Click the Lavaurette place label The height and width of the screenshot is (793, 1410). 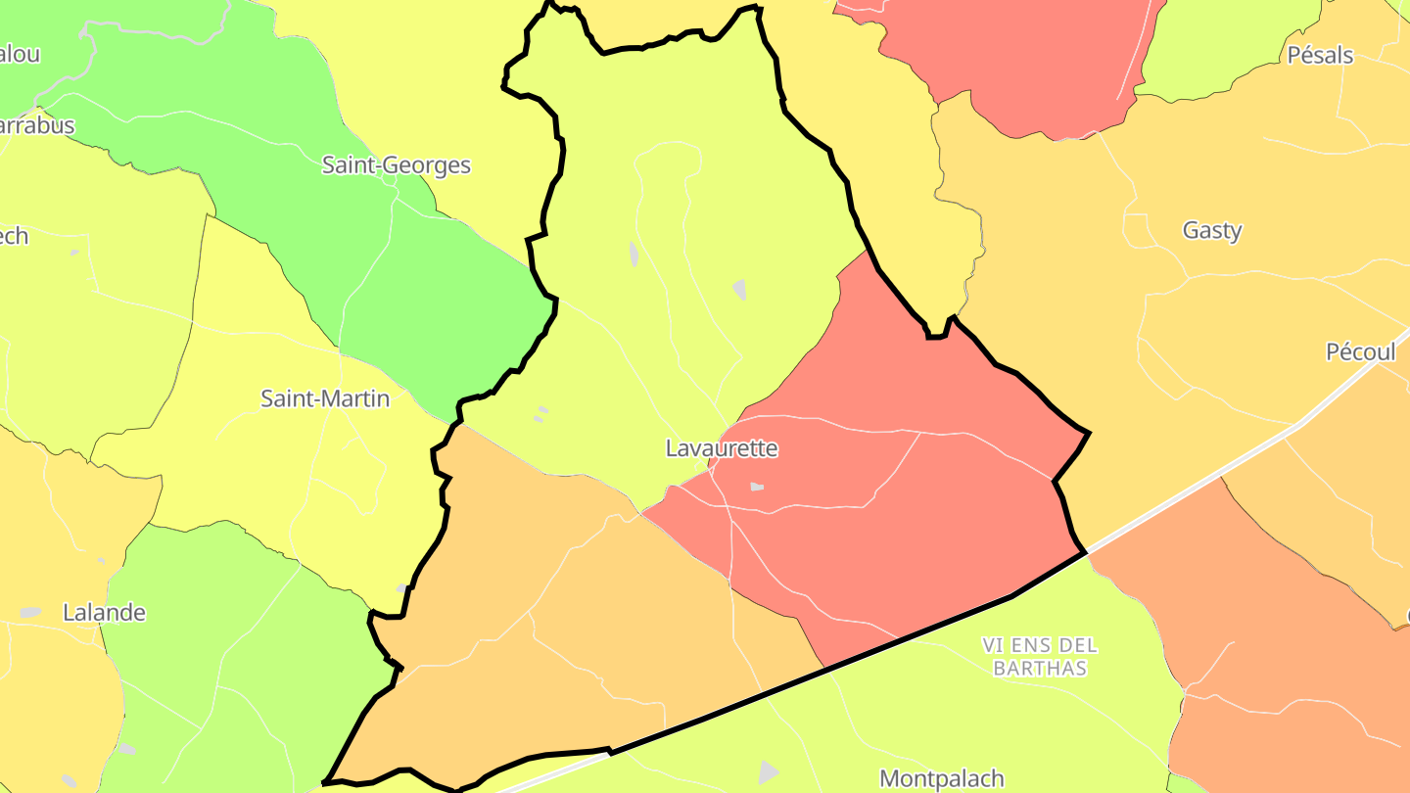click(722, 448)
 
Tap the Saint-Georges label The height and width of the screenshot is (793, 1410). click(397, 165)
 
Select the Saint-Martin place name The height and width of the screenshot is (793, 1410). click(325, 398)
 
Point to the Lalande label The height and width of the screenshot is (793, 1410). click(104, 613)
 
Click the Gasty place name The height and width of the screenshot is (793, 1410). click(1212, 231)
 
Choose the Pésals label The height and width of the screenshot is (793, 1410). click(1320, 55)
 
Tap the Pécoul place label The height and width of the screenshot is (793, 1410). click(1360, 352)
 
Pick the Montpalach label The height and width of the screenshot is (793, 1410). click(942, 778)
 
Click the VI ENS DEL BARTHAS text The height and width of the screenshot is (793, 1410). click(1040, 657)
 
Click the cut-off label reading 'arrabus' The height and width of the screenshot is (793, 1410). click(37, 125)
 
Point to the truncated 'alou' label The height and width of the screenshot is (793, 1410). click(20, 54)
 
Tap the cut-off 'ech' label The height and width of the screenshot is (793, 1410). click(14, 236)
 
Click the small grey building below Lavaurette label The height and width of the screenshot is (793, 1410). click(757, 487)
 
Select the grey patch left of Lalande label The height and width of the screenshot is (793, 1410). click(30, 613)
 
